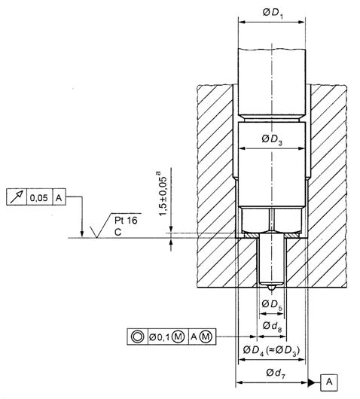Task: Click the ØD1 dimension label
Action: (273, 14)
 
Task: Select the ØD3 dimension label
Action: (272, 140)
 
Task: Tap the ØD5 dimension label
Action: (272, 305)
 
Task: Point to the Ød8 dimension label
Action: (272, 326)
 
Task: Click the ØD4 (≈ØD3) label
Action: (271, 351)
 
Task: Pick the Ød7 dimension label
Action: (276, 374)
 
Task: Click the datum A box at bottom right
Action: (329, 382)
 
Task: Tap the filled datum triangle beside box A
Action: (311, 382)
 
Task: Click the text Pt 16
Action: (126, 221)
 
